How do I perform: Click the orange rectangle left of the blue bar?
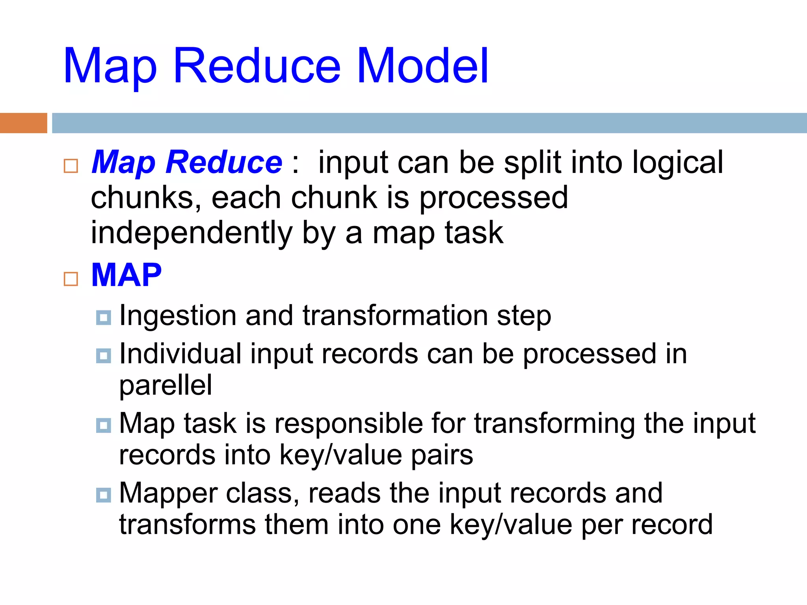23,123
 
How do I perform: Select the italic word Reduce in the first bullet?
223,162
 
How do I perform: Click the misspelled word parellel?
165,385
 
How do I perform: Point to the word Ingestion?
178,316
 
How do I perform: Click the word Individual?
180,354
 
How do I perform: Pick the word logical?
678,162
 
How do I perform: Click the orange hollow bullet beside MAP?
71,279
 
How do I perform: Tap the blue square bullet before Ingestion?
104,317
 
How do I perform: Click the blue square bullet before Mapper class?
104,495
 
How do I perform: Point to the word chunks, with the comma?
146,198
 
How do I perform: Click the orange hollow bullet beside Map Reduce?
71,166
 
